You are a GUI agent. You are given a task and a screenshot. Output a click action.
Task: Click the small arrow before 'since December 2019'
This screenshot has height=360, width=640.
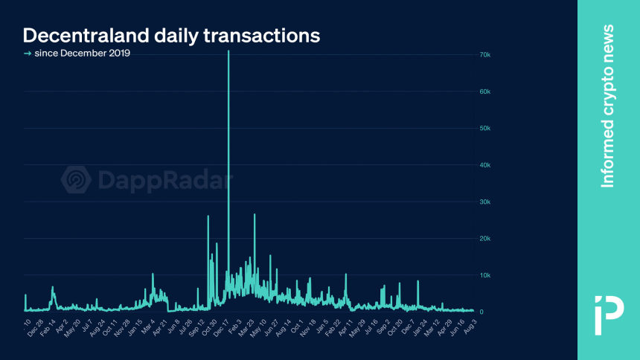[28, 54]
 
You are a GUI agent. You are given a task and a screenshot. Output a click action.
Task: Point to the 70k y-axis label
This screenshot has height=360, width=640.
[484, 55]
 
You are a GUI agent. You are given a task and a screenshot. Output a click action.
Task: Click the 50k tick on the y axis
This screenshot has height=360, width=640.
[484, 128]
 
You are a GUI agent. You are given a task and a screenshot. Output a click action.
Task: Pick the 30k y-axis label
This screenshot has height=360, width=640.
[484, 202]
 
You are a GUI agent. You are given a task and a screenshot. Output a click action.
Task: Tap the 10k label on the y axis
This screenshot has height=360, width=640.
[484, 275]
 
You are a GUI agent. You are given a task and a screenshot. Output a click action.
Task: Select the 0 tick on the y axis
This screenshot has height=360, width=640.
[481, 312]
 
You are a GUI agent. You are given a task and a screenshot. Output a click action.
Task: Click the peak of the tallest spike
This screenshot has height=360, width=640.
[228, 51]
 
